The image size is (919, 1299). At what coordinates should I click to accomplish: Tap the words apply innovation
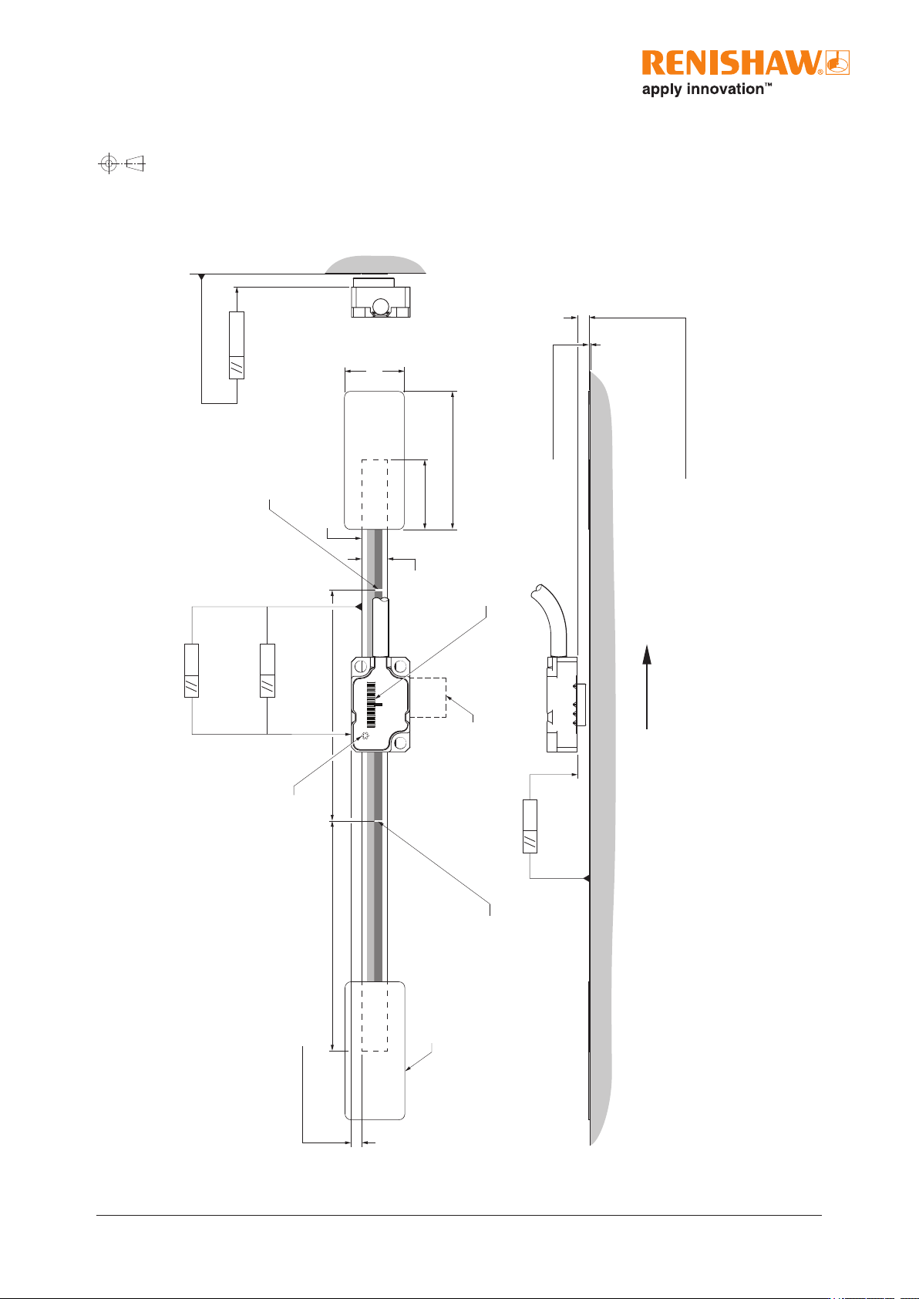coord(702,90)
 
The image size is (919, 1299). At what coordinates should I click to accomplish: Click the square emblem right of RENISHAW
coord(837,62)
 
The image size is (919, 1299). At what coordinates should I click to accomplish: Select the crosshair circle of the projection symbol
coord(109,163)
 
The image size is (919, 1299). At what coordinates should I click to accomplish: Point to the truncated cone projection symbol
coord(135,163)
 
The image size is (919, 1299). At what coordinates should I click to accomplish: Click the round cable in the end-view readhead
coord(382,306)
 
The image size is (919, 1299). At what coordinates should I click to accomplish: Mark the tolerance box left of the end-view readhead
coord(237,345)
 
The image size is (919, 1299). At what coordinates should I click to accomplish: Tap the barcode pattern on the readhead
coord(371,705)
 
